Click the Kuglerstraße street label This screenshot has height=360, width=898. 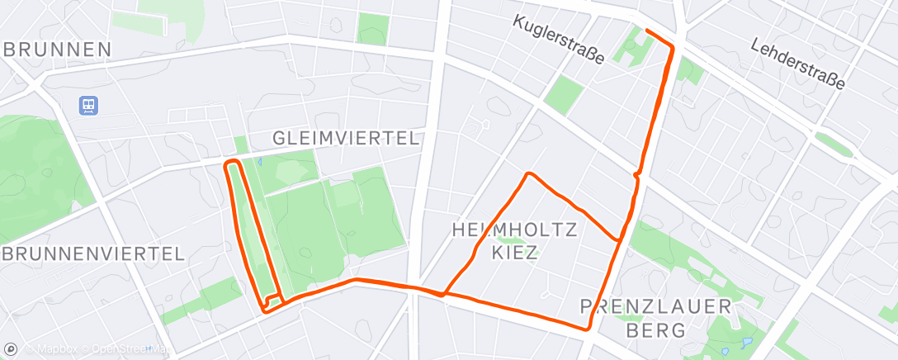point(559,40)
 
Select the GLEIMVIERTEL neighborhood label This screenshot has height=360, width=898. point(346,138)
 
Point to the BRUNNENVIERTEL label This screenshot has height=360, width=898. point(92,253)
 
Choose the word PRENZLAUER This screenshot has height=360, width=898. point(656,307)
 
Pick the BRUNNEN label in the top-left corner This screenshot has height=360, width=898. point(58,50)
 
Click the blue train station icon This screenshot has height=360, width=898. point(88,105)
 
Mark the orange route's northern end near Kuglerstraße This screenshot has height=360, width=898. point(645,31)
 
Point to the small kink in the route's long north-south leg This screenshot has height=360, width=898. point(636,174)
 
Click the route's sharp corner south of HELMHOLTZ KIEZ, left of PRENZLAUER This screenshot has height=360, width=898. point(588,329)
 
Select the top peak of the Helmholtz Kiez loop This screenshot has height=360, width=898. point(528,174)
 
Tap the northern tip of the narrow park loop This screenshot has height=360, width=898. point(232,162)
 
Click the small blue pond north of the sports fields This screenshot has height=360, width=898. point(259,163)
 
